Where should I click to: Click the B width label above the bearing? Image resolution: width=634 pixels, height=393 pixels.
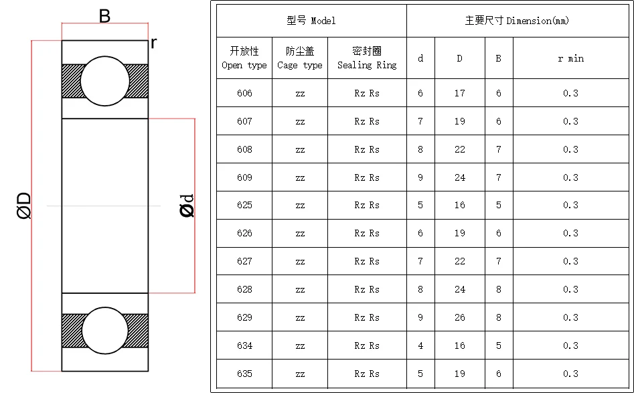104,16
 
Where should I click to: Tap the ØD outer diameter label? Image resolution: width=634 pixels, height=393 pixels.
24,205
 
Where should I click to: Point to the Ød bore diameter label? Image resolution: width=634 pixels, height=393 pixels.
187,206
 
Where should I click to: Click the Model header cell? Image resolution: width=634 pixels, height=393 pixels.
311,21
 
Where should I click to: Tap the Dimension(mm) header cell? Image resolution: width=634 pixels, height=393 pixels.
517,21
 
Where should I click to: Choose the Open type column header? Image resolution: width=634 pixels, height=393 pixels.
244,58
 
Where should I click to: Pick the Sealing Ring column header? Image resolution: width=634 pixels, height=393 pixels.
367,58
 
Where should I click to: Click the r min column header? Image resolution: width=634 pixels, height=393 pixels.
570,59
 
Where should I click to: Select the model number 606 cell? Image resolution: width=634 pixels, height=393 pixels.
244,93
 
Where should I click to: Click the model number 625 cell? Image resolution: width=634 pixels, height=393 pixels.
244,205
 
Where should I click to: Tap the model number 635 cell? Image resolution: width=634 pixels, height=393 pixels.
244,374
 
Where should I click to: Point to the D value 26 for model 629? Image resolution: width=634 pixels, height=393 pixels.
459,317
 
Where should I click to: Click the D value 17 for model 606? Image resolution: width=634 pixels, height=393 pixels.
459,93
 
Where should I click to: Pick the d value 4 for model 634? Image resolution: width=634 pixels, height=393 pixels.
420,345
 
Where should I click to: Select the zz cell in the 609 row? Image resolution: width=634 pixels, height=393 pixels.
300,177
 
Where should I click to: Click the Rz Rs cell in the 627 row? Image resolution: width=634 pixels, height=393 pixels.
367,261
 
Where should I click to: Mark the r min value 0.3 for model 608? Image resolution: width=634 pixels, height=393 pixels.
570,149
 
